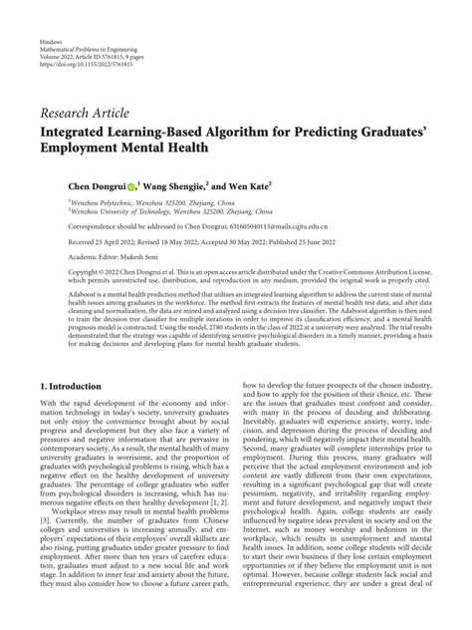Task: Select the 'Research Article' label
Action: tap(84, 111)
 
